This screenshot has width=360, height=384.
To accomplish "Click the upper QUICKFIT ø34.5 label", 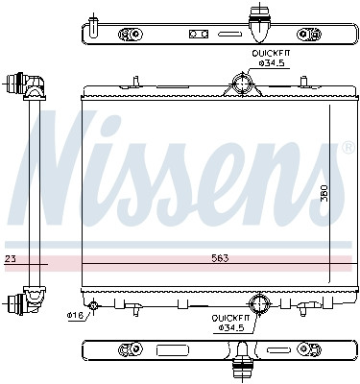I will [272, 60].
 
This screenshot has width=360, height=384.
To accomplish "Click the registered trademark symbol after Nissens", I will [346, 149].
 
